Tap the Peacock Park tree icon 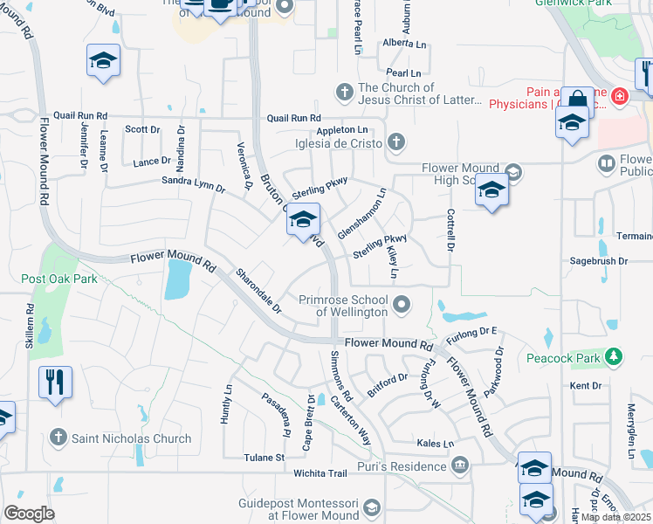(x=615, y=356)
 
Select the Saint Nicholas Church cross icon (x=58, y=437)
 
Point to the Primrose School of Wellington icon (x=402, y=304)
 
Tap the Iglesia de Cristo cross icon (x=396, y=141)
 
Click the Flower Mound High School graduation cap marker (x=491, y=190)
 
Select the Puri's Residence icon (x=460, y=466)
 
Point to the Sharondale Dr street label (x=259, y=291)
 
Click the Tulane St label (x=264, y=457)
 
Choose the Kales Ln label (x=436, y=444)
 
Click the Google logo (x=29, y=514)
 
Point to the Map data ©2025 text (x=615, y=517)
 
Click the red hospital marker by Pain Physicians (x=619, y=95)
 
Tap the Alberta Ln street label (x=404, y=44)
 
